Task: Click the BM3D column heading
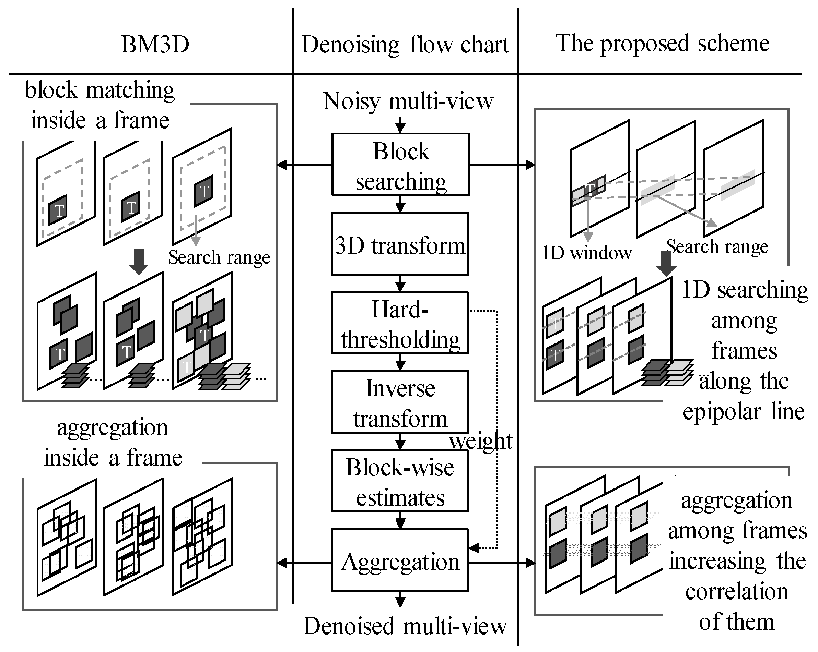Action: (155, 44)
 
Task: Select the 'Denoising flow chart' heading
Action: (405, 45)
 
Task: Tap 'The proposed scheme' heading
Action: (663, 43)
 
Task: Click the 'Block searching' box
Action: (401, 164)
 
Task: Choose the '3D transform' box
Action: (400, 244)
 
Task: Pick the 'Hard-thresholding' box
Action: (400, 323)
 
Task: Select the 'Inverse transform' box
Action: (400, 402)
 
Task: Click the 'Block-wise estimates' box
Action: (400, 481)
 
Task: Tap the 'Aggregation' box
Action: (400, 560)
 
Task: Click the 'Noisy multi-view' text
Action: (408, 101)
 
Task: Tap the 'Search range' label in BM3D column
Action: (219, 258)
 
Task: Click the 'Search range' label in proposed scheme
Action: (717, 247)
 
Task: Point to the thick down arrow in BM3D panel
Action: (139, 262)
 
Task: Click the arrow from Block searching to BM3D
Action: (305, 165)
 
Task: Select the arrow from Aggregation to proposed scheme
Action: (502, 563)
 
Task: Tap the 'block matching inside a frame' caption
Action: (100, 105)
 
